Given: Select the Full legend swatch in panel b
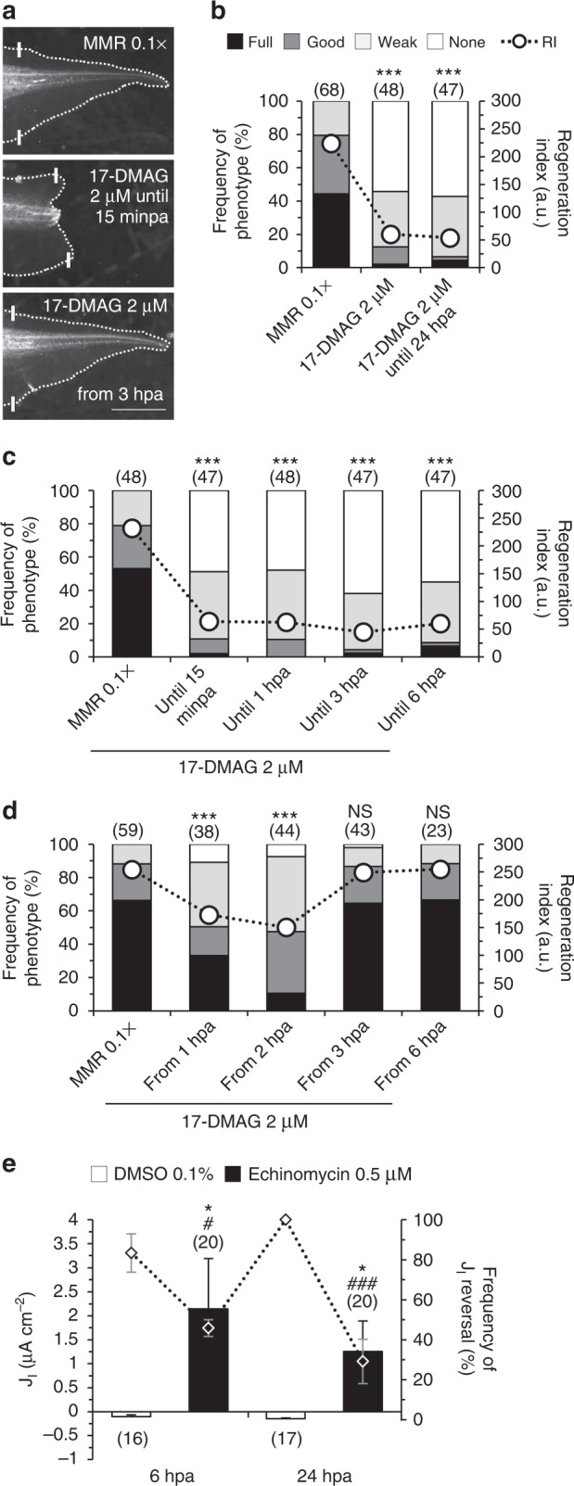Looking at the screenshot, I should coord(235,42).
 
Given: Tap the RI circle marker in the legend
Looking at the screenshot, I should coord(516,42).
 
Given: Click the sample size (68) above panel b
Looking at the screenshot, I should coord(331,90).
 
